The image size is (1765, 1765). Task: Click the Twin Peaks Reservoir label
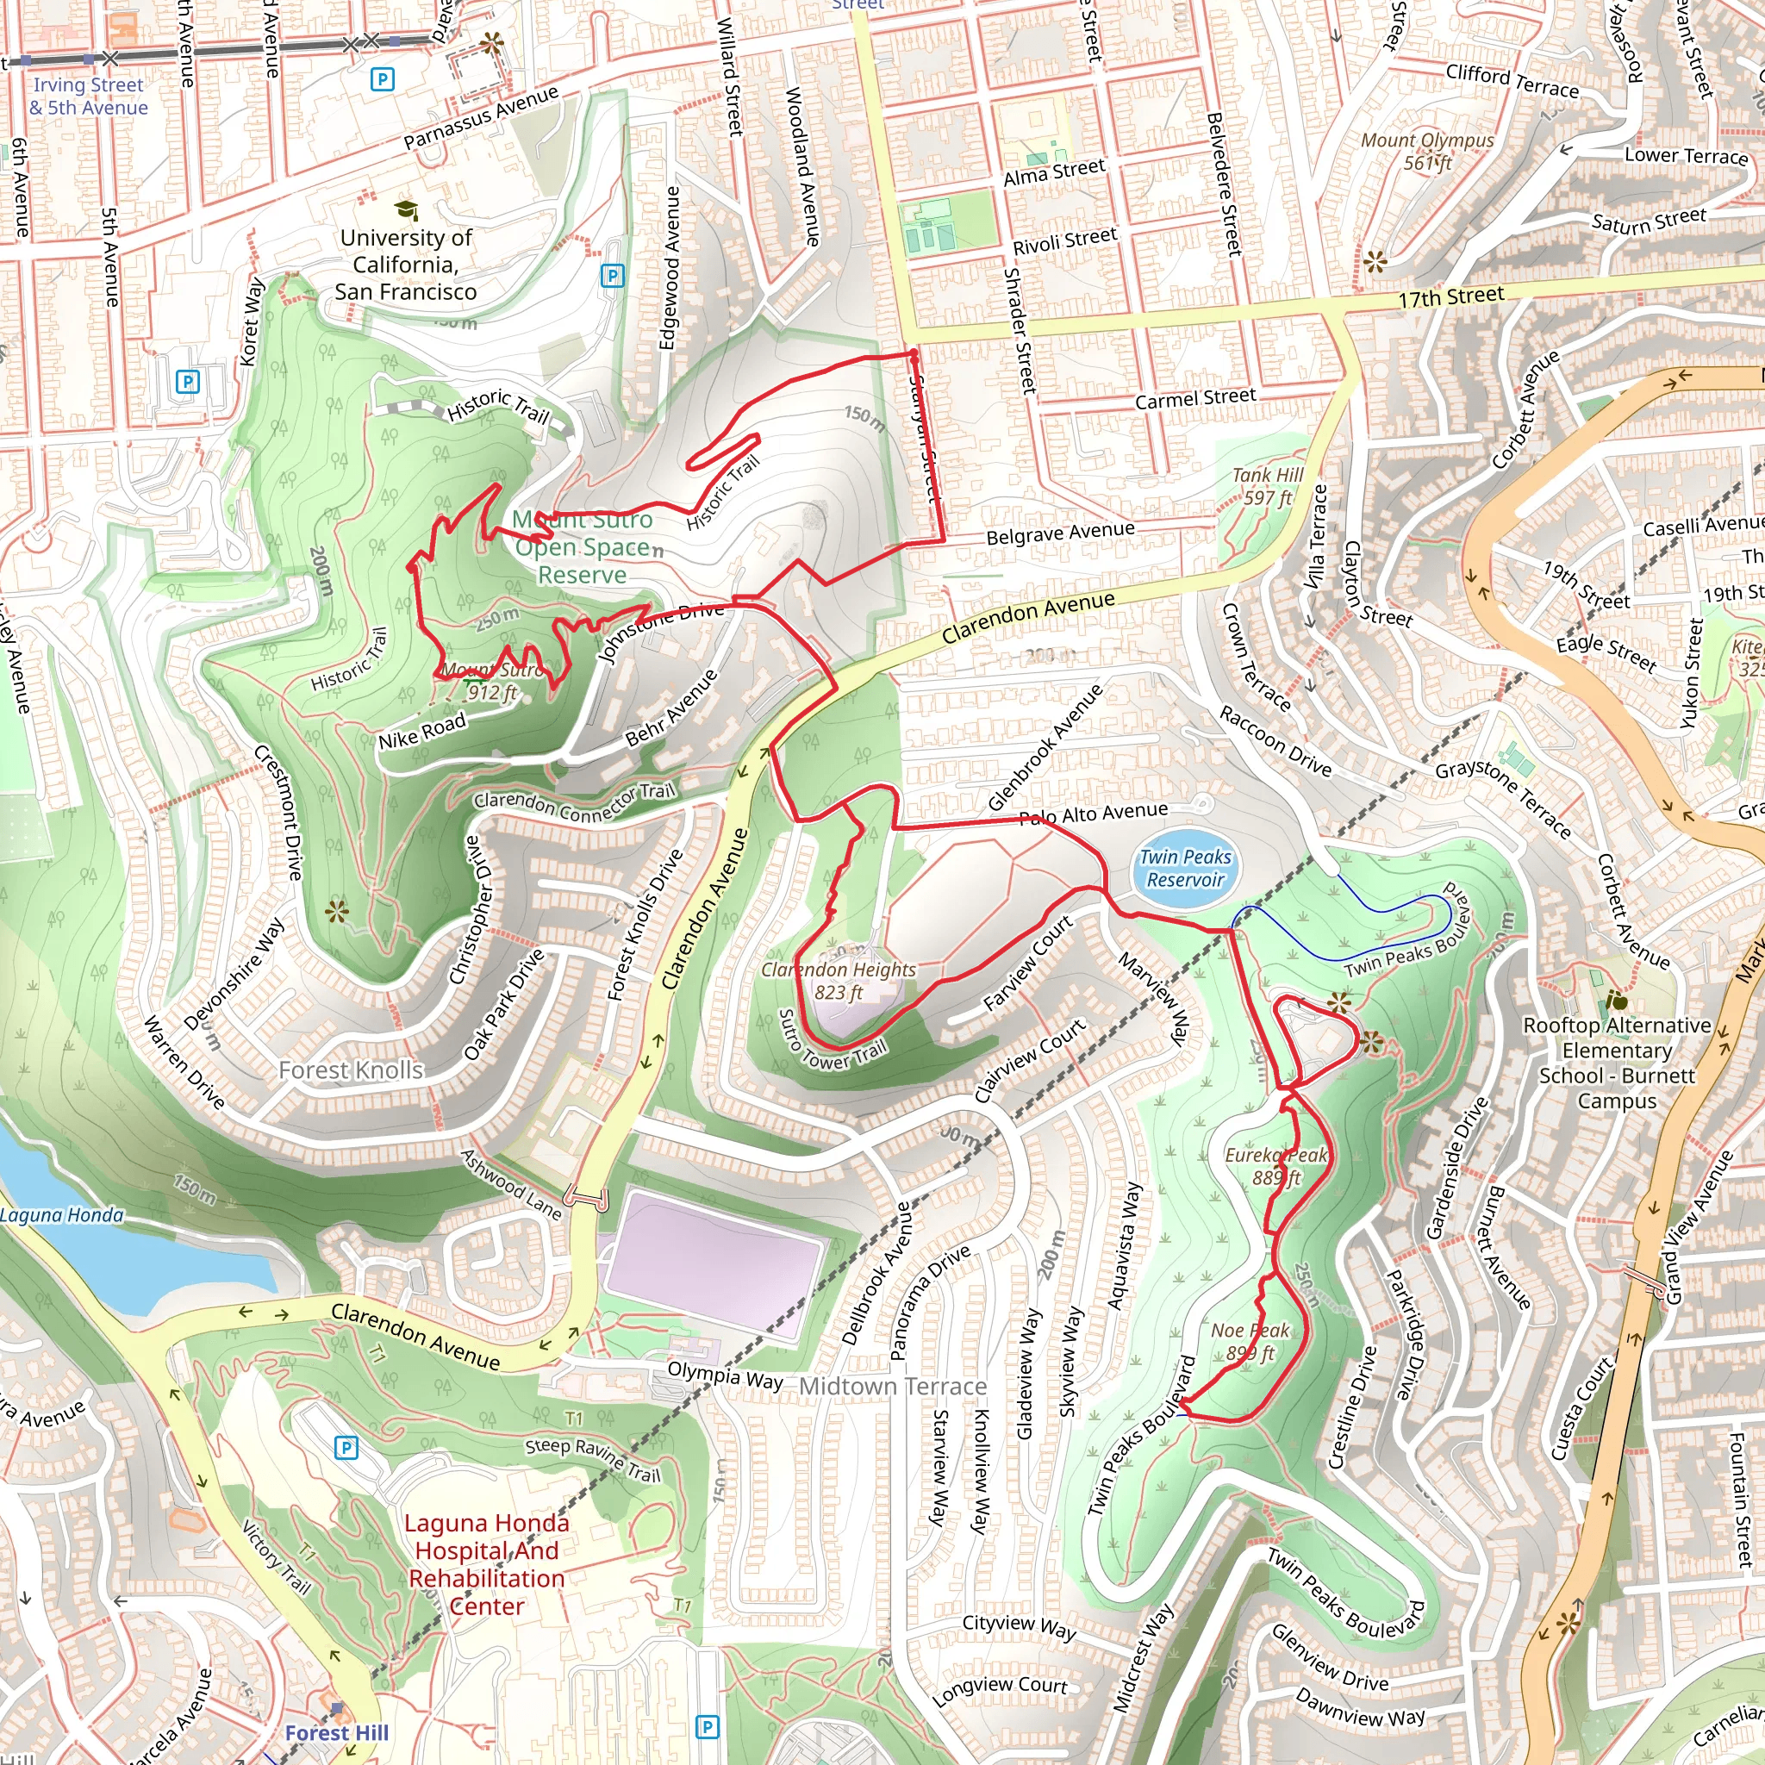tap(1185, 868)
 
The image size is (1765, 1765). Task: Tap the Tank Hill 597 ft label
tap(1267, 486)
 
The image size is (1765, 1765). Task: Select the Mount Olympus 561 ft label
tap(1427, 151)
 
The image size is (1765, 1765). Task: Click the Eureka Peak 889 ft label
tap(1275, 1167)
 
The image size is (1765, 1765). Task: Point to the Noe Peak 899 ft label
tap(1250, 1341)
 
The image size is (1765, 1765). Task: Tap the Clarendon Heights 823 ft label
tap(838, 980)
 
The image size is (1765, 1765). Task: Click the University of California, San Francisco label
tap(406, 264)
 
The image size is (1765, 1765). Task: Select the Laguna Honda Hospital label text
tap(486, 1564)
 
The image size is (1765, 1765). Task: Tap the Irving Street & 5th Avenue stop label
tap(88, 96)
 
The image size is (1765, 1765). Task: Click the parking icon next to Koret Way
tap(187, 382)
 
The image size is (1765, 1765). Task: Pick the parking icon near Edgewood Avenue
tap(612, 275)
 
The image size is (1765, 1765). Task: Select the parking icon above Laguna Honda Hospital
tap(346, 1447)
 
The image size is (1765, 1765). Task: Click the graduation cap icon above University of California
tap(406, 211)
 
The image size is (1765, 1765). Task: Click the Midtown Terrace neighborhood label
tap(893, 1387)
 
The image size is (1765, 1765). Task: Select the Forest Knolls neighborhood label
tap(351, 1070)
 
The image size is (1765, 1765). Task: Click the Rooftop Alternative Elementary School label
tap(1616, 1063)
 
